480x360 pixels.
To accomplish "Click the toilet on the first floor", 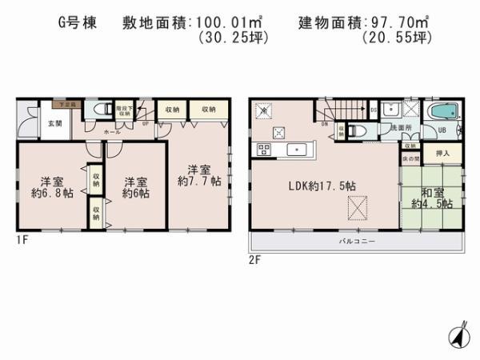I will [102, 110].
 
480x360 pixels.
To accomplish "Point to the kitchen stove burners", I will [265, 150].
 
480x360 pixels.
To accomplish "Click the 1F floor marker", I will [25, 239].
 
